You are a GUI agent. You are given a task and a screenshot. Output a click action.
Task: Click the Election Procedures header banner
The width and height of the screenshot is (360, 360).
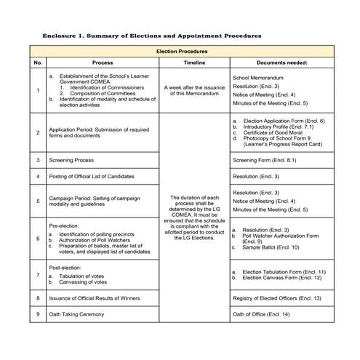[182, 52]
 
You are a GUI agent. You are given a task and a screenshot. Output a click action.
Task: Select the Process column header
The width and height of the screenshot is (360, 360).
[103, 63]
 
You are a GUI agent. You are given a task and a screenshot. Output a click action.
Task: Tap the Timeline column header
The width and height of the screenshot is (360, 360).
[194, 63]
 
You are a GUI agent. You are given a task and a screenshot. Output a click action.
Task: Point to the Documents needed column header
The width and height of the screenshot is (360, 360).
[281, 63]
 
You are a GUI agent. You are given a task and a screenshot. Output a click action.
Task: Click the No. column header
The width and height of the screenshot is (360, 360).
[38, 63]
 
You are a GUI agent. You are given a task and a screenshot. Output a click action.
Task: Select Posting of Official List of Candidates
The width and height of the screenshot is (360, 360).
[92, 177]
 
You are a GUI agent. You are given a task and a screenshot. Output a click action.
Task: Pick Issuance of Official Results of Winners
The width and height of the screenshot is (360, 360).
[97, 297]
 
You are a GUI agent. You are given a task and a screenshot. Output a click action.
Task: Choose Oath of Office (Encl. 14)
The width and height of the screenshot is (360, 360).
[260, 314]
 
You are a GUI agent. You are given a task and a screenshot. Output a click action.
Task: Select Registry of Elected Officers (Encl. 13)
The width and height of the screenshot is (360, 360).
[277, 297]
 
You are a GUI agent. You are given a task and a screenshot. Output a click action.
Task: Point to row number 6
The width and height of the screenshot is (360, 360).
[38, 238]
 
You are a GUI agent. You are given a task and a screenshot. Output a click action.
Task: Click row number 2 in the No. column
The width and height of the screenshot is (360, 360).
[38, 133]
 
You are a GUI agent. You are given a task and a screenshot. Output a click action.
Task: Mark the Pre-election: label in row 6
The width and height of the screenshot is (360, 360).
[66, 225]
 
